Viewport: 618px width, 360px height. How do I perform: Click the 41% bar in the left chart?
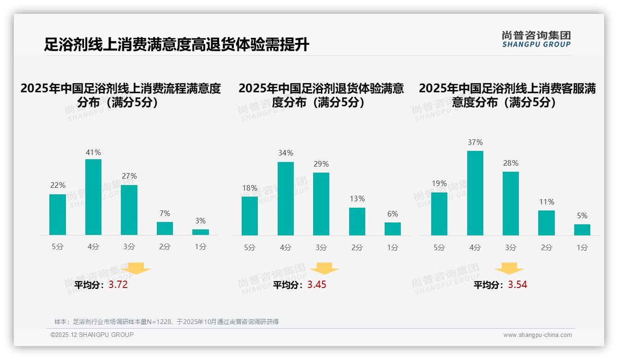tap(94, 197)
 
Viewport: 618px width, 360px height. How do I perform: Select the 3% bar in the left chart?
tap(201, 232)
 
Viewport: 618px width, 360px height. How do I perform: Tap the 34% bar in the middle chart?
tap(285, 198)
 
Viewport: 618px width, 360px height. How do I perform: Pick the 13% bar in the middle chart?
tap(357, 222)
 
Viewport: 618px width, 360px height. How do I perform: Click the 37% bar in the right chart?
tap(475, 193)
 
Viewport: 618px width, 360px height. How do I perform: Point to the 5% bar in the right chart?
tap(582, 230)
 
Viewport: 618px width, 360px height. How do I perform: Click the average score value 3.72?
tap(118, 285)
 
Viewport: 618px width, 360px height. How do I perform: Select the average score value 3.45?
tap(317, 285)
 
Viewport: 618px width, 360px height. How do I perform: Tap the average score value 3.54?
tap(517, 285)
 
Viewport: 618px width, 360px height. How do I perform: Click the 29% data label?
tap(321, 164)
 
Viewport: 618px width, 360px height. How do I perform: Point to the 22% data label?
tap(58, 186)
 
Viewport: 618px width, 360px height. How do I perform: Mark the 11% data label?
tap(547, 202)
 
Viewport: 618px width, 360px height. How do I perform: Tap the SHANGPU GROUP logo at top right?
tap(536, 39)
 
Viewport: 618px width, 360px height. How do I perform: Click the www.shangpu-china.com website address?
tap(537, 335)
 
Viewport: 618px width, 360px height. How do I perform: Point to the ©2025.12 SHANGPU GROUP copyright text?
tap(92, 335)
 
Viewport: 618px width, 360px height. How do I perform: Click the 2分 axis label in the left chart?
tap(165, 247)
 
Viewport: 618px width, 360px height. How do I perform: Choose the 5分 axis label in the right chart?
tap(439, 248)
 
